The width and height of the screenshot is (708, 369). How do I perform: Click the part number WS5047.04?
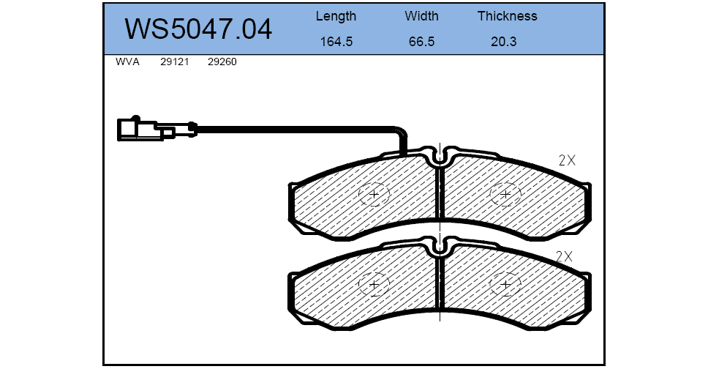(198, 29)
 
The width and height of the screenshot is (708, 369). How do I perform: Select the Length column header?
(336, 17)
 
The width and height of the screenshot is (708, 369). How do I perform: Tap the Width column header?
(421, 16)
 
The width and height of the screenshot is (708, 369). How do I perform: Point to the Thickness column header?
(508, 16)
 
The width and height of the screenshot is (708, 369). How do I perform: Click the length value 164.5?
(336, 42)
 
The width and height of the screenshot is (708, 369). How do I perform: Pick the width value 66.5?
(421, 42)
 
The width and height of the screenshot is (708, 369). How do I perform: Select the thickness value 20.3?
(503, 42)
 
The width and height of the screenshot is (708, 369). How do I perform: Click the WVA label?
(127, 62)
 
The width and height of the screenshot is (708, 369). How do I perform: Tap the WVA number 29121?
(174, 62)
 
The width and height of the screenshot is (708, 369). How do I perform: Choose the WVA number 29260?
(222, 62)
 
